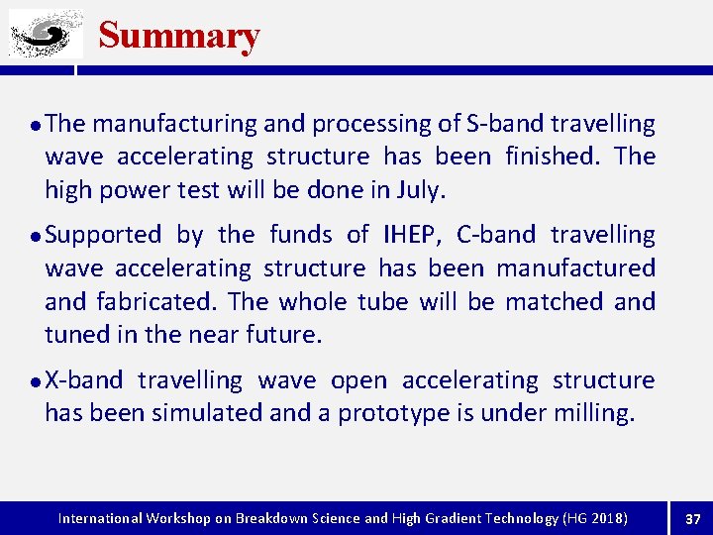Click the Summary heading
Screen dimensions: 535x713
coord(179,36)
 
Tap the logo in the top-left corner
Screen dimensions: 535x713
coord(46,35)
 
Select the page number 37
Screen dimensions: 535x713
coord(692,518)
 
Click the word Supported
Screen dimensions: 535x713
coord(103,235)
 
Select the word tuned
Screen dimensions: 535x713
coord(77,335)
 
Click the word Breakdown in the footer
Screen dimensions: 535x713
coord(274,518)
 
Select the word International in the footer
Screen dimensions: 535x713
coord(101,518)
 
